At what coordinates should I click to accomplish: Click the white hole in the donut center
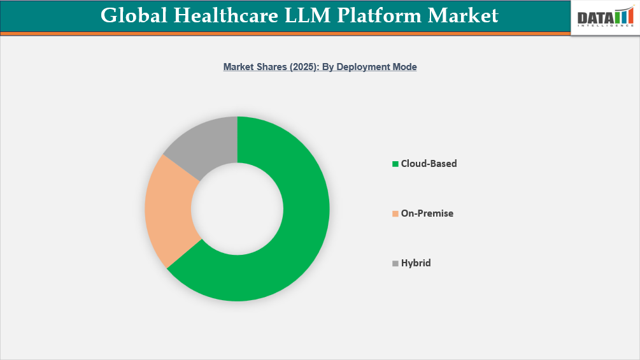tap(237, 208)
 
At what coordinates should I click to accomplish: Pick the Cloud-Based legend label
tap(429, 164)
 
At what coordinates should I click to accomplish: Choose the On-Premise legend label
tap(427, 213)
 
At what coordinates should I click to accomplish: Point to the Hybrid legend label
tap(415, 263)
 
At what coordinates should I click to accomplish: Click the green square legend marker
tap(395, 164)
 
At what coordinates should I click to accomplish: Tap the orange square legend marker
tap(395, 214)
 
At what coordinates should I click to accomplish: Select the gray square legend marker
tap(395, 263)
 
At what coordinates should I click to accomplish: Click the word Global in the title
tap(132, 15)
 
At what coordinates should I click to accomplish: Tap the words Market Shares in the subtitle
tap(251, 66)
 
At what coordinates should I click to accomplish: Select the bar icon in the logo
tap(623, 17)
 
